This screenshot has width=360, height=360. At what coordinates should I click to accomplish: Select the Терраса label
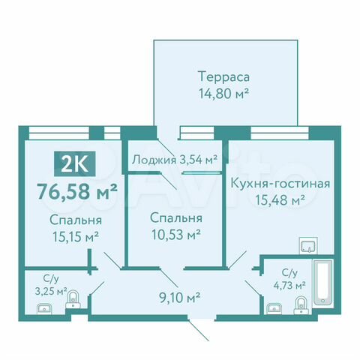(223, 76)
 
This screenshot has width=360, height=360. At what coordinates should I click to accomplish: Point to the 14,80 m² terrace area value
(223, 94)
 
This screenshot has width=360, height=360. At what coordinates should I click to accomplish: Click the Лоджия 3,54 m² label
(174, 159)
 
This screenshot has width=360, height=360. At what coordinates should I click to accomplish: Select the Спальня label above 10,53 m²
(175, 218)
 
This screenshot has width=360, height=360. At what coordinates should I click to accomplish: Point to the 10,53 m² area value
(175, 235)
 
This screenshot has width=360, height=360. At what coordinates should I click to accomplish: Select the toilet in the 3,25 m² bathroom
(73, 301)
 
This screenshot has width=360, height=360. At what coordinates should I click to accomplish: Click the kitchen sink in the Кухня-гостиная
(308, 246)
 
